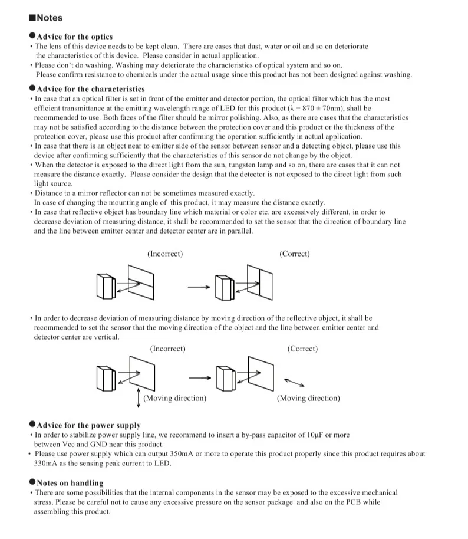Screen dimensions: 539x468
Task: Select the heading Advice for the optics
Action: [x=74, y=37]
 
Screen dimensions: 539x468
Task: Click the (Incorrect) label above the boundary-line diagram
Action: [x=165, y=254]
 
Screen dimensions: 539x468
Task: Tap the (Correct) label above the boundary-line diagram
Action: [x=295, y=254]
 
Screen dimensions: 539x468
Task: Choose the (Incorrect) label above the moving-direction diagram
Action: [x=167, y=349]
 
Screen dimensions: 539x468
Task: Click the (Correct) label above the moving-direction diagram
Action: [x=302, y=349]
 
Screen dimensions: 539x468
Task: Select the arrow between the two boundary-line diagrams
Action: [x=199, y=287]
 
